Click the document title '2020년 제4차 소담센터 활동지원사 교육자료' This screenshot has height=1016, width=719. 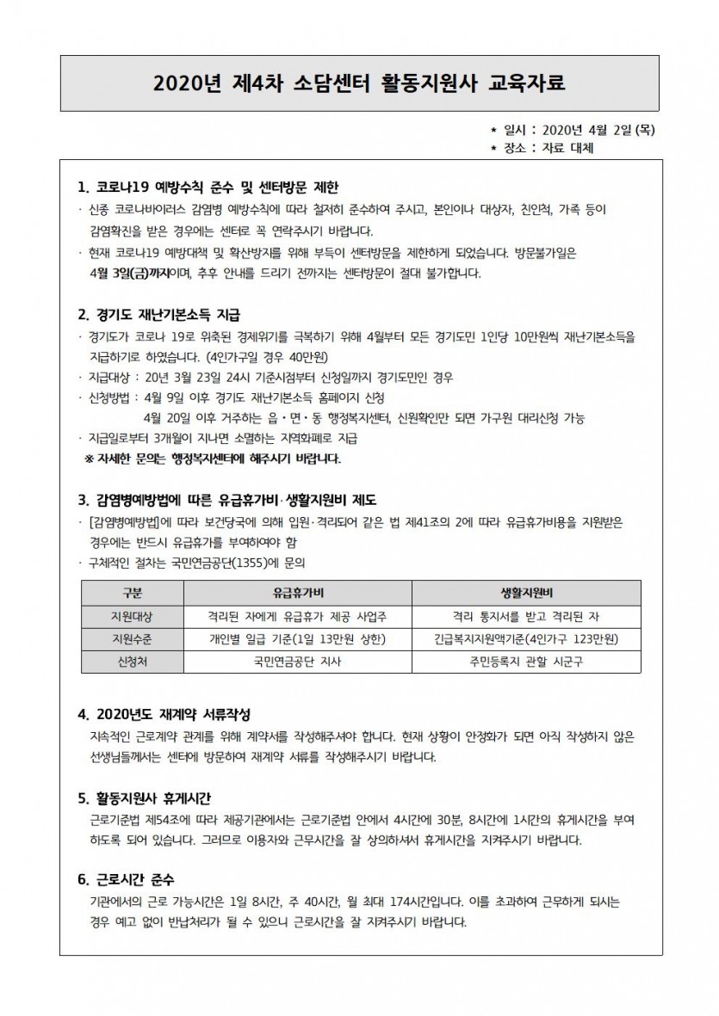(360, 83)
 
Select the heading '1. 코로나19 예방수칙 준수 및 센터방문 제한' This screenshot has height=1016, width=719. (209, 187)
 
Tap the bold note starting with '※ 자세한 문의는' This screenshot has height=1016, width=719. (212, 459)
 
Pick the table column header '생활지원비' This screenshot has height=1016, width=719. (526, 594)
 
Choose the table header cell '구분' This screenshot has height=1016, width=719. (133, 594)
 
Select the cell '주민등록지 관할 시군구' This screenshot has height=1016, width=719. (526, 662)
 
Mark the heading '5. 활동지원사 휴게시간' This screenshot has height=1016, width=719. (152, 797)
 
